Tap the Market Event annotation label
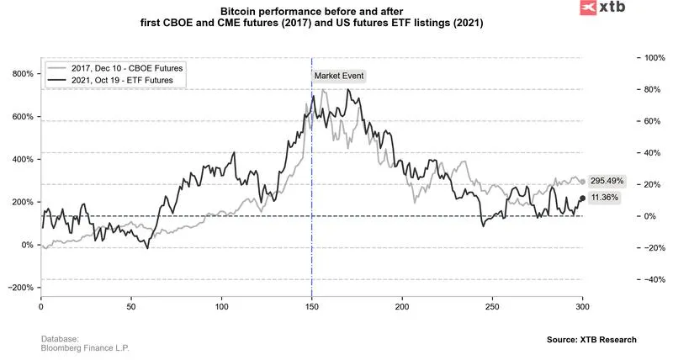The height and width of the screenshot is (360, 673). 339,76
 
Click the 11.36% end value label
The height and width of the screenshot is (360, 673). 604,198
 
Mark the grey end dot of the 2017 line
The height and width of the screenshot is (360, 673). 582,182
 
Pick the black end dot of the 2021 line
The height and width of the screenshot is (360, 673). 582,199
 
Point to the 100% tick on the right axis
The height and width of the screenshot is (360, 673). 651,58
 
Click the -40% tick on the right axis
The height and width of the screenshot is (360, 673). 651,279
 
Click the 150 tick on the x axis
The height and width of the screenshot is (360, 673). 312,308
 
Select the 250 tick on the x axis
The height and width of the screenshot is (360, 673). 492,308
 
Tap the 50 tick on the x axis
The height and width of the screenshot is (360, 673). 131,308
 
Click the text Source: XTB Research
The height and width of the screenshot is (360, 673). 591,339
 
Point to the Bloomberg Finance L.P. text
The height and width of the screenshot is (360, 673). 85,347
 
